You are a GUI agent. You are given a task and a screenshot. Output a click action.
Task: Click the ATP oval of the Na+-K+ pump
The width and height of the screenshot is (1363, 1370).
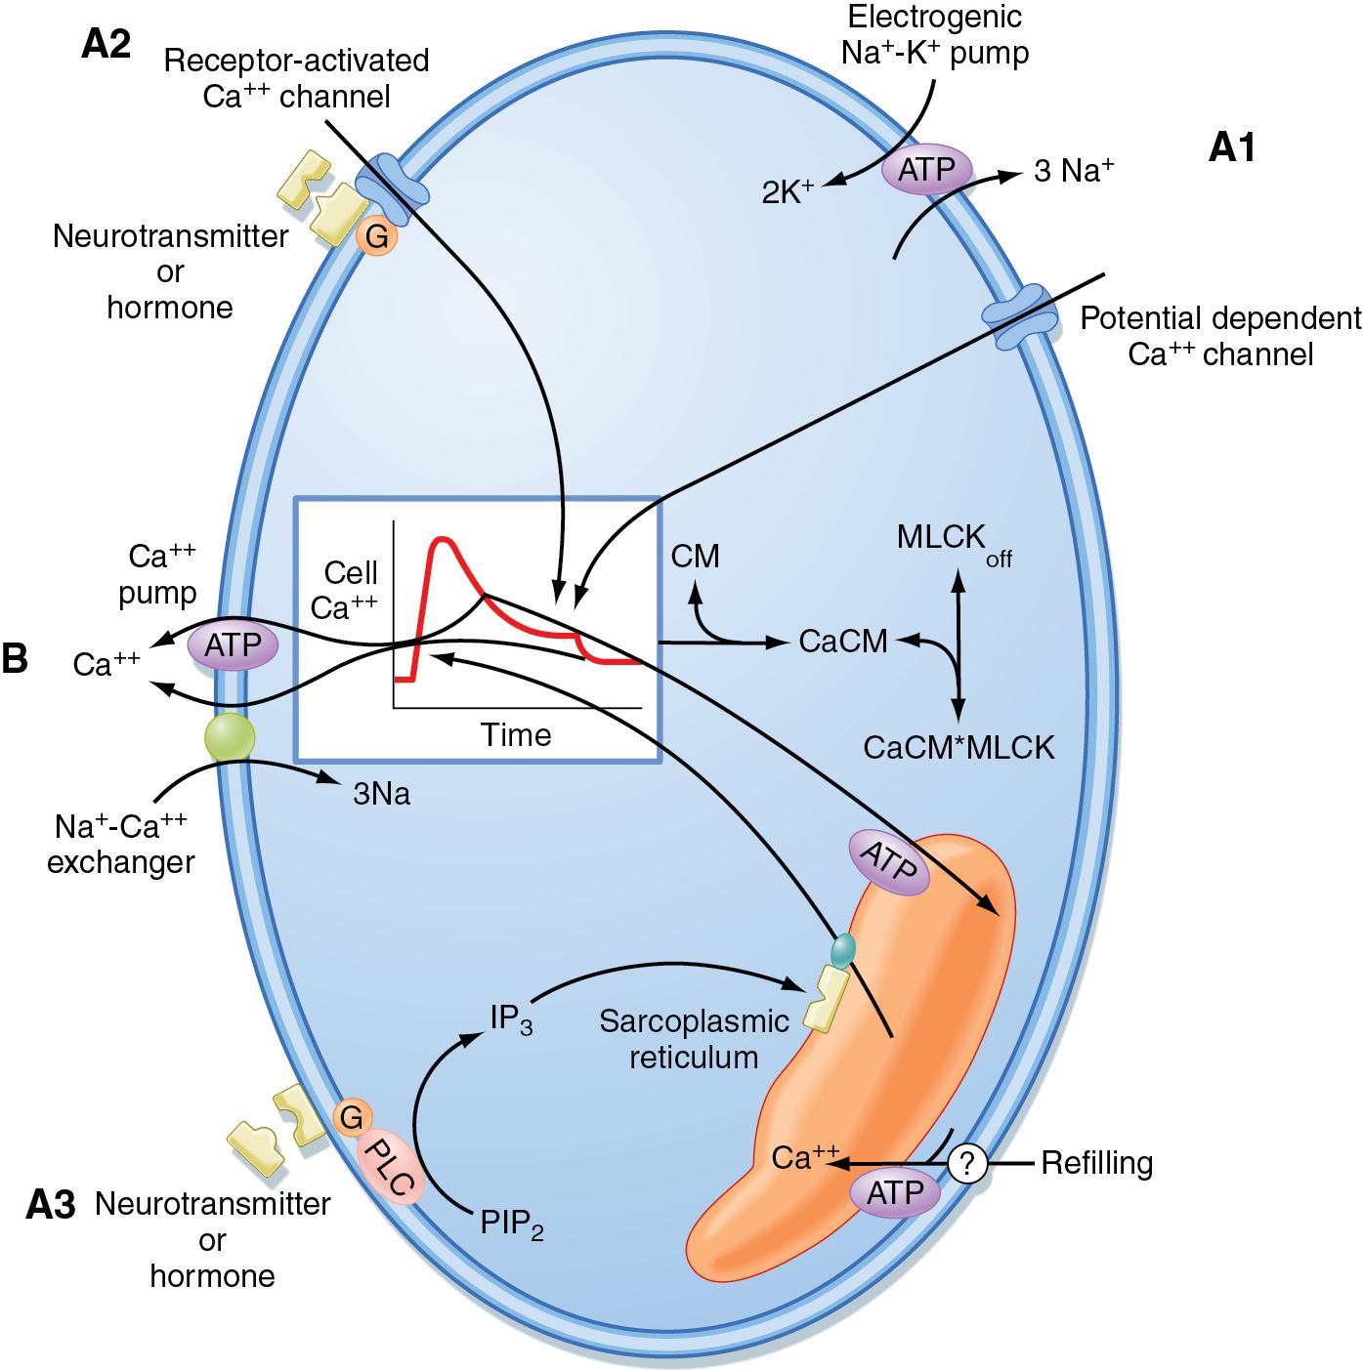[x=926, y=169]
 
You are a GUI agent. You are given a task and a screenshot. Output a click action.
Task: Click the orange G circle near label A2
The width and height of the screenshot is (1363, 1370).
[x=376, y=235]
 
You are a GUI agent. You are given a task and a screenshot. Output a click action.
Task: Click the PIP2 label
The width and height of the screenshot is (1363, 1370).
[x=511, y=1223]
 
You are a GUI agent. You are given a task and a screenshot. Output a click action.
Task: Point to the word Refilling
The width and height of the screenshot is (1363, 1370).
[x=1096, y=1163]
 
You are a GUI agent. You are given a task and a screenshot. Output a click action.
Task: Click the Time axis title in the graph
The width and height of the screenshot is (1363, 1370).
[x=516, y=734]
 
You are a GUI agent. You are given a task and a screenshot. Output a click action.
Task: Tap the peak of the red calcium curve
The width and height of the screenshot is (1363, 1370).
[x=443, y=539]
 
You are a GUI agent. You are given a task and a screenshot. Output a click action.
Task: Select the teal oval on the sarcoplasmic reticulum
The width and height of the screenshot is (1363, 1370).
[x=842, y=947]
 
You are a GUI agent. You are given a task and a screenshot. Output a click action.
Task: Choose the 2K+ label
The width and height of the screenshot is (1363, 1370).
[x=788, y=190]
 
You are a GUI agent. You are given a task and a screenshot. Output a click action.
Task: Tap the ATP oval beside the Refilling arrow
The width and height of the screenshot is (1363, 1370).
[x=893, y=1192]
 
